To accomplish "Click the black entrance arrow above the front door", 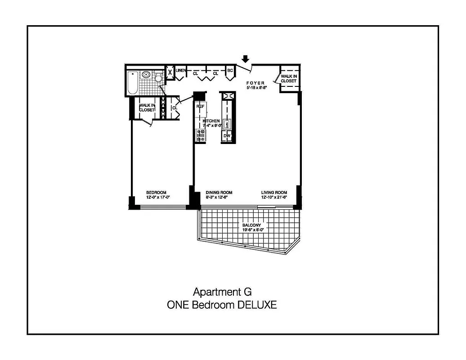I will [245, 59].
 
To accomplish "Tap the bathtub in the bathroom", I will [132, 83].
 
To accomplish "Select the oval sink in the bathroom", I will [146, 75].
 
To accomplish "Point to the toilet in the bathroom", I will [158, 78].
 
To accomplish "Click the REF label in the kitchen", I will [201, 106].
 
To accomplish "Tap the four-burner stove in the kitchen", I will [201, 135].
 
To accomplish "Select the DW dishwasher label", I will [227, 135].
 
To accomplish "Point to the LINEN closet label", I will [181, 71].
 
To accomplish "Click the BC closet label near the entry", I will [229, 71].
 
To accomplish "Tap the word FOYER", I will [255, 83].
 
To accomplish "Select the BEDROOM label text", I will [156, 192].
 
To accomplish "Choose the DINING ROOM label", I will [219, 192].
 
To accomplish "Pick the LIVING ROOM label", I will [274, 192].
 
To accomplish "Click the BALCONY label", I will [251, 225].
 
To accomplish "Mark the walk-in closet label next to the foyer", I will [289, 79].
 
